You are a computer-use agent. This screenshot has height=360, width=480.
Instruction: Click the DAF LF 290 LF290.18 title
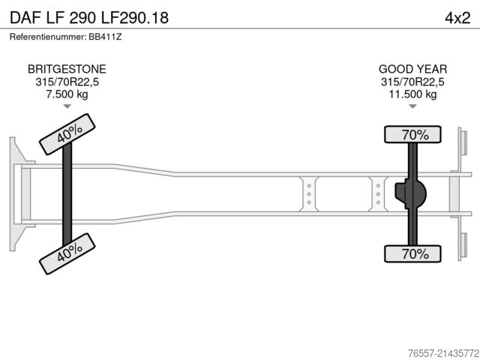[89, 17]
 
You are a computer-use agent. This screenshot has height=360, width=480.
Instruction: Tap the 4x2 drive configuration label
[457, 18]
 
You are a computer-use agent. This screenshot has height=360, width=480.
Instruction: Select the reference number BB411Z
[105, 37]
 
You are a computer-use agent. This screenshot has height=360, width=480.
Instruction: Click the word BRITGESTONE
[67, 69]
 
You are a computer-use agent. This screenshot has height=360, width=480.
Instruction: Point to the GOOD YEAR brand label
[412, 69]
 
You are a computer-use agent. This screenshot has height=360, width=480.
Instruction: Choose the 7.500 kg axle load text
[67, 94]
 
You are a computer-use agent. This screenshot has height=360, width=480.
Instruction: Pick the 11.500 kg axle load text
[412, 94]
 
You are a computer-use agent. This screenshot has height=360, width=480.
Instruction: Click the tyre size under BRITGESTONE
[67, 82]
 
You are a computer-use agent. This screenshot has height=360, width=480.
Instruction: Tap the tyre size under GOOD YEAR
[412, 82]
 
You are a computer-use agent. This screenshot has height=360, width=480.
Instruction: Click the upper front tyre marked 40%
[67, 134]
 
